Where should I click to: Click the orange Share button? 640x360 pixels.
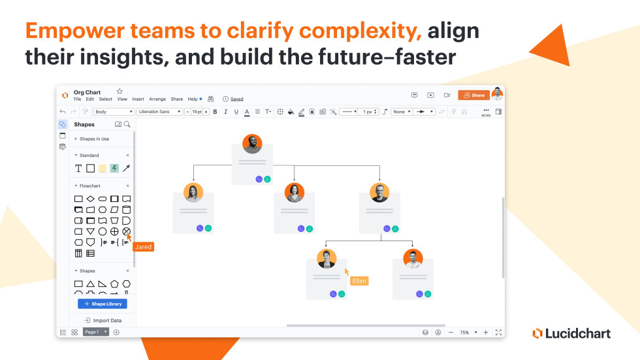tap(473, 95)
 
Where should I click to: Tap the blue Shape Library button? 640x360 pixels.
tap(103, 304)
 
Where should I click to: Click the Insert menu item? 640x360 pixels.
tap(138, 99)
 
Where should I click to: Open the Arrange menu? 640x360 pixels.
tap(157, 99)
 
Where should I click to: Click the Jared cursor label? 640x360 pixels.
tap(143, 247)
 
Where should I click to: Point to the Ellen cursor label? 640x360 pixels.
tap(359, 281)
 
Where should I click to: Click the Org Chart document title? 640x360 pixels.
tap(87, 92)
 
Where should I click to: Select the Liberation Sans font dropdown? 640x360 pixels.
tap(159, 112)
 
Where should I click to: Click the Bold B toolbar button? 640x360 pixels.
tap(215, 112)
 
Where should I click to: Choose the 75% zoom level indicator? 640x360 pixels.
tap(464, 333)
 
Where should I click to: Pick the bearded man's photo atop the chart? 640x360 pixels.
tap(252, 144)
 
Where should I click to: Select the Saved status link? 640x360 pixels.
tap(236, 99)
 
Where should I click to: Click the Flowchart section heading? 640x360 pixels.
tap(90, 186)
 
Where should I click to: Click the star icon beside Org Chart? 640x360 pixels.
tap(120, 91)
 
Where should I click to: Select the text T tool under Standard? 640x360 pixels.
tap(78, 169)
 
